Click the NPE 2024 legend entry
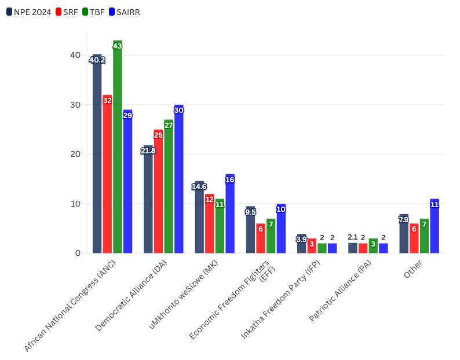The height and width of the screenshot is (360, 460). [x=29, y=12]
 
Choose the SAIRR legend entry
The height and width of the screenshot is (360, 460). [x=124, y=12]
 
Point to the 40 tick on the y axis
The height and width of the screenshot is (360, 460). [x=75, y=55]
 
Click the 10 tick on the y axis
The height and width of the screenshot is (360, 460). [x=75, y=204]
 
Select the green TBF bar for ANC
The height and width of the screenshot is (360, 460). [x=118, y=150]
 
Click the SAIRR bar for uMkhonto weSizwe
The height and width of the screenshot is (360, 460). [x=230, y=215]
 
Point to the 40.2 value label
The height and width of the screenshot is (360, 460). [x=97, y=60]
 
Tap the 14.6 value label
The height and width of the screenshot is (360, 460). [x=199, y=186]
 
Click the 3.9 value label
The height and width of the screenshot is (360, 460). [x=301, y=239]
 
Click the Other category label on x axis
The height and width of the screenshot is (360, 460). [x=413, y=270]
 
